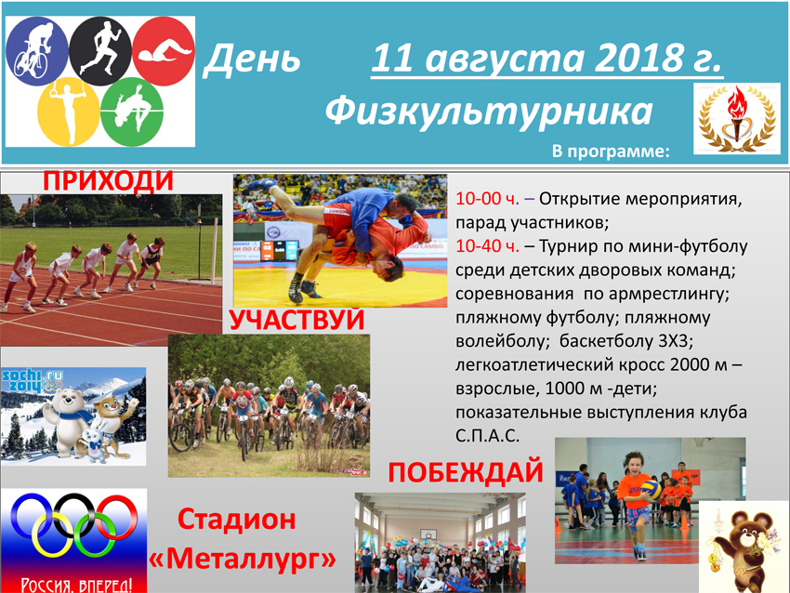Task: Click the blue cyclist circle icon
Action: point(37,51)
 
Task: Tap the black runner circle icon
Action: point(100,51)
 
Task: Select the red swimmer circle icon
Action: point(164,51)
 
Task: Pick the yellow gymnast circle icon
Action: point(69,112)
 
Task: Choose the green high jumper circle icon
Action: point(132,112)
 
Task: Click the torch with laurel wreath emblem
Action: point(737,118)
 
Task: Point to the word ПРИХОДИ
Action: point(109,181)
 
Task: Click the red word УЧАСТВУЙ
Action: point(296,320)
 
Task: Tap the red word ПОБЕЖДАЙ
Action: point(466,472)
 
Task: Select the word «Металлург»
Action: point(243,559)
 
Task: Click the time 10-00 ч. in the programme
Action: point(487,199)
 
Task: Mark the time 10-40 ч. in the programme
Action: point(487,246)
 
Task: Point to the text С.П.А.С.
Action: point(487,436)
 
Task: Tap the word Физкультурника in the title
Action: point(489,112)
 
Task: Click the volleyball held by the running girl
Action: point(651,490)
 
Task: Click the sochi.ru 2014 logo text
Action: point(33,381)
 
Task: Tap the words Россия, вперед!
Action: point(76,585)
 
